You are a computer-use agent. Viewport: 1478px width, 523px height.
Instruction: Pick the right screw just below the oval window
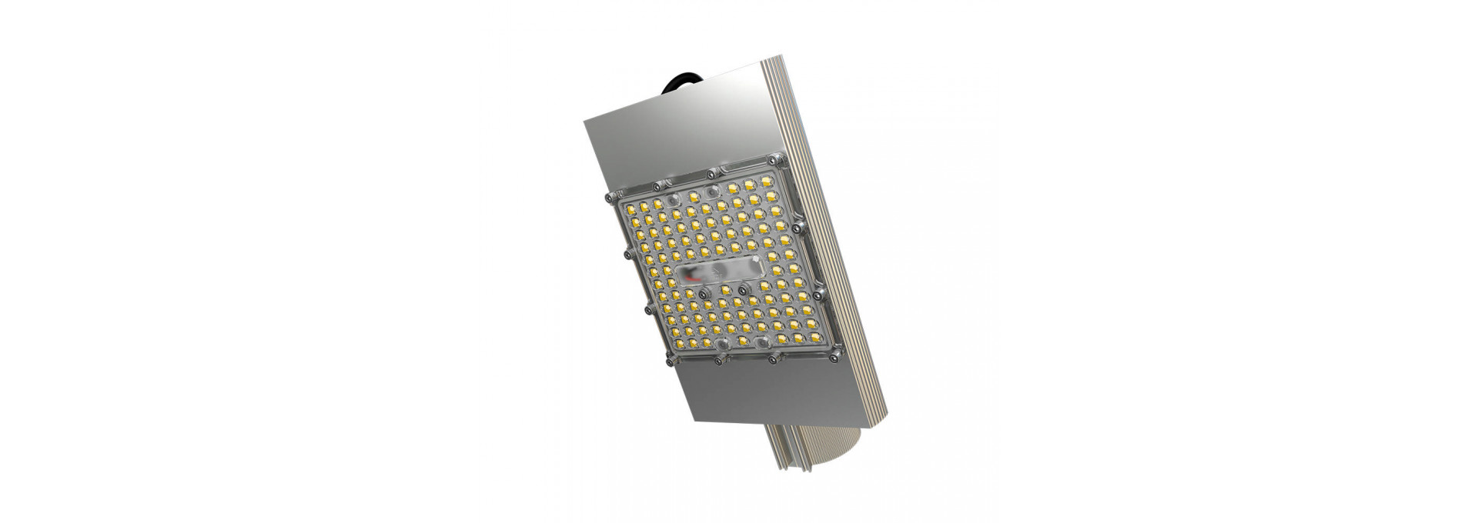[x=744, y=289]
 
